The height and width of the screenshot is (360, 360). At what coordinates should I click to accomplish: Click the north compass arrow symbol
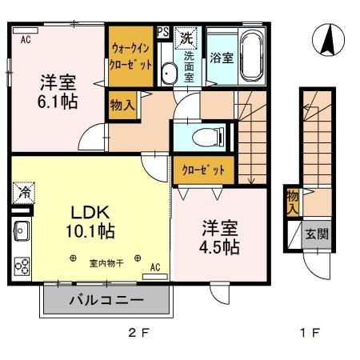(x=326, y=40)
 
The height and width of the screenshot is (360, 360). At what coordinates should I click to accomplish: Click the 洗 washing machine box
(x=186, y=37)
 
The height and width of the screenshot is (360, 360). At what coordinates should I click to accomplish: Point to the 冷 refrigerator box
(x=22, y=193)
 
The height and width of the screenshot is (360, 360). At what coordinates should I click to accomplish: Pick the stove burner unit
(x=22, y=265)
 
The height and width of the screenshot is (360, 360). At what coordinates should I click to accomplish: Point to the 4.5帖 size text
(x=218, y=246)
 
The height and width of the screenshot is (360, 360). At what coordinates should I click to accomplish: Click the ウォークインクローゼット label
(x=130, y=58)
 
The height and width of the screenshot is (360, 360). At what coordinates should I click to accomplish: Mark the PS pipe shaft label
(x=162, y=33)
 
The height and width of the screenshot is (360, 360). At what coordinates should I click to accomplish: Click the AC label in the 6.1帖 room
(x=26, y=38)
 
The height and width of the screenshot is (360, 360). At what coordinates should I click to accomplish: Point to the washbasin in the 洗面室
(x=169, y=74)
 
